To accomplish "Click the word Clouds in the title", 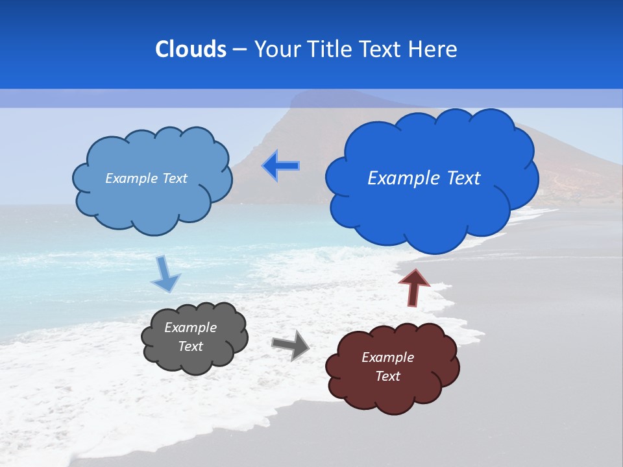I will pyautogui.click(x=191, y=49).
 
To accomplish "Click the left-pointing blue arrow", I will pyautogui.click(x=280, y=166).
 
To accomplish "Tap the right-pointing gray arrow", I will pyautogui.click(x=291, y=345).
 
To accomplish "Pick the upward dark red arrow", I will pyautogui.click(x=413, y=287).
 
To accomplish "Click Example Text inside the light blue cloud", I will pyautogui.click(x=146, y=178).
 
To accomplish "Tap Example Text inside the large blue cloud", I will pyautogui.click(x=424, y=178).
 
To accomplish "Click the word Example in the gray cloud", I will pyautogui.click(x=191, y=328).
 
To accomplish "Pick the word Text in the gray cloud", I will pyautogui.click(x=191, y=346).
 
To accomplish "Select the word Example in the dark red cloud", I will pyautogui.click(x=387, y=357).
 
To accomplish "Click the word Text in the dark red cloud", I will pyautogui.click(x=387, y=376).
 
